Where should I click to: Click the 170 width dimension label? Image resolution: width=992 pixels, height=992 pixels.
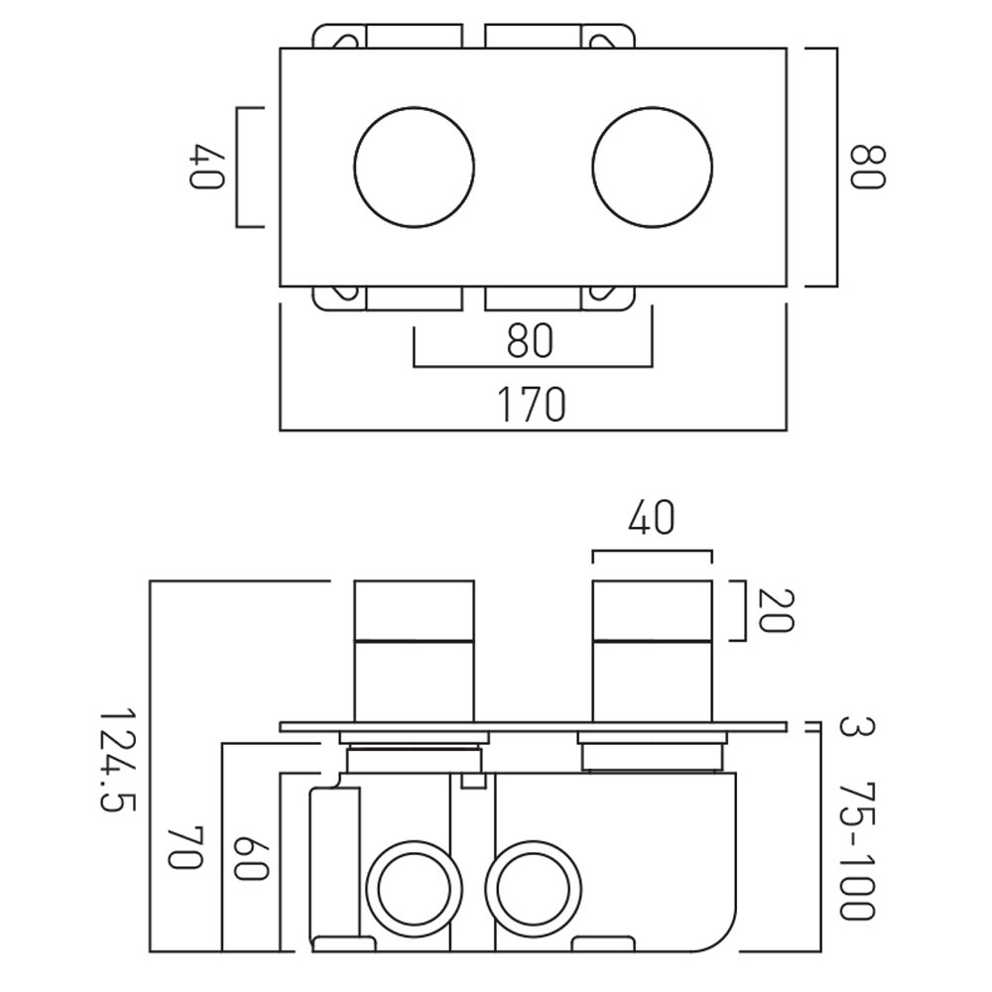(x=532, y=405)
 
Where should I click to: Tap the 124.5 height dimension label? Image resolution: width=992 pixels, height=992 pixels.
(x=118, y=759)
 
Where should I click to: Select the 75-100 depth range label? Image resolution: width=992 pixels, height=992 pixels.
(x=857, y=850)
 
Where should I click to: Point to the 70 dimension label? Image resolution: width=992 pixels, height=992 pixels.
(x=185, y=848)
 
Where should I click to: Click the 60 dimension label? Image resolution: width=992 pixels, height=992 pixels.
(x=251, y=858)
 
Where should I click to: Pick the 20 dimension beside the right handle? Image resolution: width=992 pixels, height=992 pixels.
(x=775, y=610)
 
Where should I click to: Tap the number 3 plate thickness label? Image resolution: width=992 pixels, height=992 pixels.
(x=857, y=726)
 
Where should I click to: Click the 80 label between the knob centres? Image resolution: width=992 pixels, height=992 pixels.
(x=530, y=341)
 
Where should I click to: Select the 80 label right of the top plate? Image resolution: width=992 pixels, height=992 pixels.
(x=867, y=167)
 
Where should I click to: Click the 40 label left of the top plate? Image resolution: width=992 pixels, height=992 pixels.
(x=207, y=167)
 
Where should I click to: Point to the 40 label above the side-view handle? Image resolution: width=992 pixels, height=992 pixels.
(x=652, y=518)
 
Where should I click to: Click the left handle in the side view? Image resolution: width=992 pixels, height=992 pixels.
(x=414, y=651)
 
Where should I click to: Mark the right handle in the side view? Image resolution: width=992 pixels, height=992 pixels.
(x=653, y=651)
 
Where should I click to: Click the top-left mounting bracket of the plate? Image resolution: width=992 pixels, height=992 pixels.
(x=387, y=36)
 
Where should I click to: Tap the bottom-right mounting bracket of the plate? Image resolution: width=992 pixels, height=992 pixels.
(x=559, y=299)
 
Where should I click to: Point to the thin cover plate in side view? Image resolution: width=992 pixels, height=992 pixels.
(x=534, y=727)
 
